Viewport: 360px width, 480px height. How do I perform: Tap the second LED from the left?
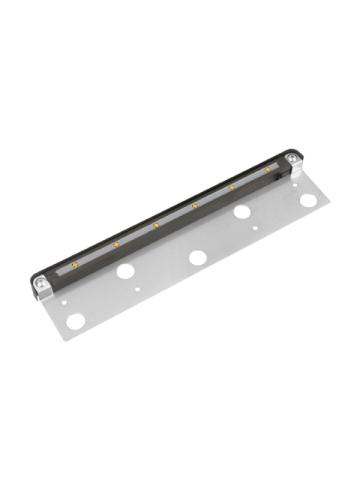coord(116,243)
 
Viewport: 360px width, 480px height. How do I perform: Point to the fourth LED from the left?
coord(194,206)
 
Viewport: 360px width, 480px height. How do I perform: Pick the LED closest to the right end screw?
coord(233,188)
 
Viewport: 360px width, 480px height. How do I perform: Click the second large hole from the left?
coord(126,270)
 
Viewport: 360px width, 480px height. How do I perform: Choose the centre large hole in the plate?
coord(197,258)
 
